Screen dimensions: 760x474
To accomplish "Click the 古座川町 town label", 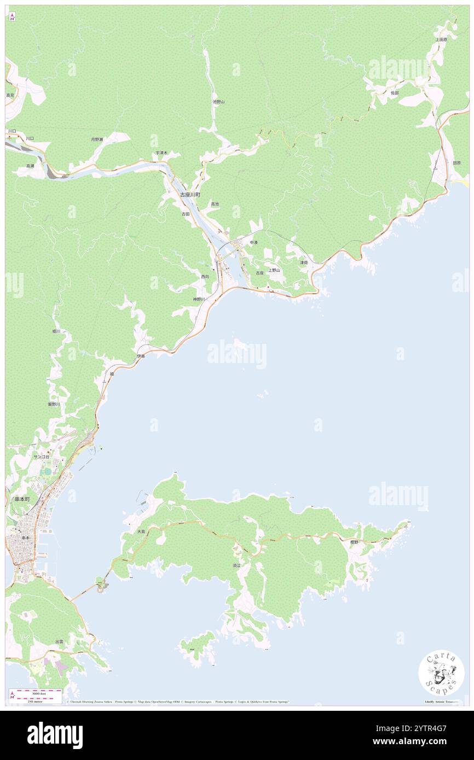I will pos(190,195).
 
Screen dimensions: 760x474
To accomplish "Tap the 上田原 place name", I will pos(442,40).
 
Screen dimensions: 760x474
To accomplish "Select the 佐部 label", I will pos(395,93).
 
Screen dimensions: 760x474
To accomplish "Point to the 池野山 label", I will pos(219,102).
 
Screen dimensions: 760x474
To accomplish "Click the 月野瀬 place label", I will pos(97,139).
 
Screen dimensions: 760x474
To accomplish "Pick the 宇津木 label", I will pos(161,153).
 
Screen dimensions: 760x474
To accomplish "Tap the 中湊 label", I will pos(253,242).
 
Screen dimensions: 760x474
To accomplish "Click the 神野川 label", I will pos(199,300).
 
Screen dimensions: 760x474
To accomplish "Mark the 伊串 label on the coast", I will pos(141,356).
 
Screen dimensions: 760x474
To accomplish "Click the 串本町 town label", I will pos(22,499).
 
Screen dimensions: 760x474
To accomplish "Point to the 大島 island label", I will pos(141,531).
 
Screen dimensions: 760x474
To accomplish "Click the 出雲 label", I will pos(59,641).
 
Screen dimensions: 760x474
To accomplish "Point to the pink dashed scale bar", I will pos(36,692).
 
